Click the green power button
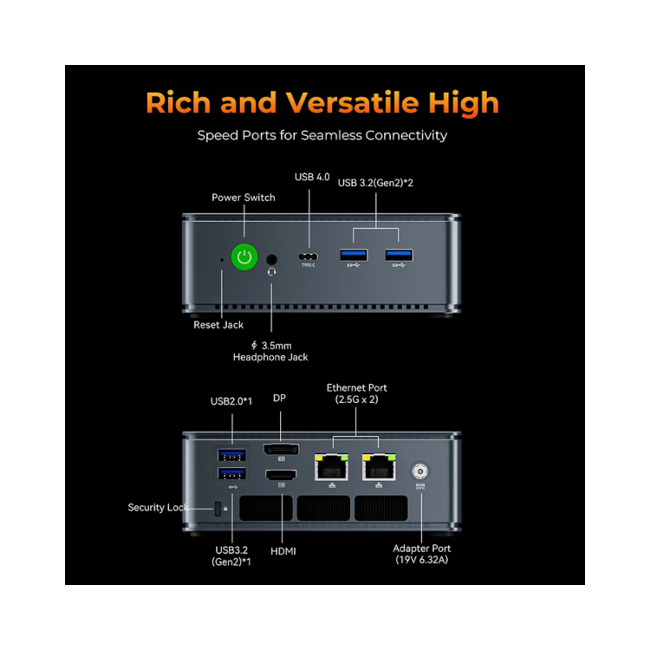point(245,257)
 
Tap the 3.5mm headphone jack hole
point(273,258)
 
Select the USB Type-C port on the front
point(309,257)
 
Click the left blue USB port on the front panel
point(354,255)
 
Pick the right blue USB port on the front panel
point(399,255)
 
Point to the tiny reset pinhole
point(222,259)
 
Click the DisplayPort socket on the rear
point(281,451)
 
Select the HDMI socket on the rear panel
point(281,475)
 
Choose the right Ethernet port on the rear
point(379,468)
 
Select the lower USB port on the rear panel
point(231,474)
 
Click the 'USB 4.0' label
point(312,177)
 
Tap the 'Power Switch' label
point(244,198)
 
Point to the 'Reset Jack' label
point(218,325)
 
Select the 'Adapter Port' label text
point(422,549)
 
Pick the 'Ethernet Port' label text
point(357,387)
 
